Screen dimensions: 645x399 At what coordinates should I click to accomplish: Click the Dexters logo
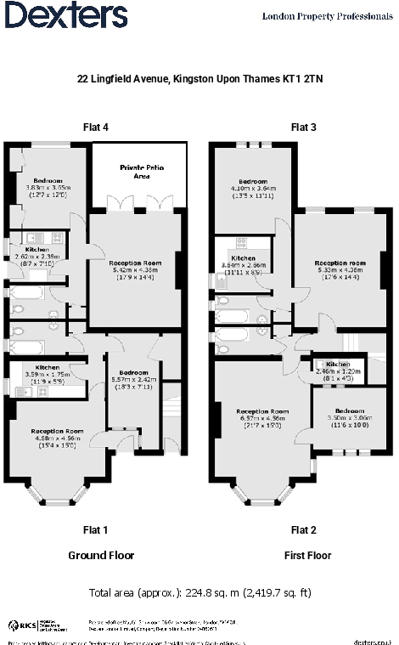click(65, 14)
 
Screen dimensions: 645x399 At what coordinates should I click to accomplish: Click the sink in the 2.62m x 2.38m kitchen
click(35, 238)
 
